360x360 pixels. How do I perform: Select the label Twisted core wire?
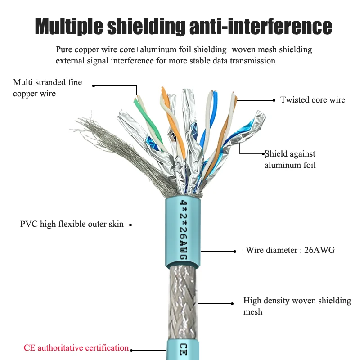point(313,100)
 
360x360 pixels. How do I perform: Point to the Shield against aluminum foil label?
point(290,159)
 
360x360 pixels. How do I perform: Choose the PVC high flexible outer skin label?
point(72,224)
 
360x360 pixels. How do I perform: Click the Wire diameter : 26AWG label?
point(290,250)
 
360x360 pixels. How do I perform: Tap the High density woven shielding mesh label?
point(297,306)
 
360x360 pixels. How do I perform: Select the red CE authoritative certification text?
point(76,348)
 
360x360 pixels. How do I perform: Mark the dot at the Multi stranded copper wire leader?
point(94,85)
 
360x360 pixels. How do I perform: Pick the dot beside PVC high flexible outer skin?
point(130,224)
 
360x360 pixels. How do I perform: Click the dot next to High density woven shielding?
point(232,302)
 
